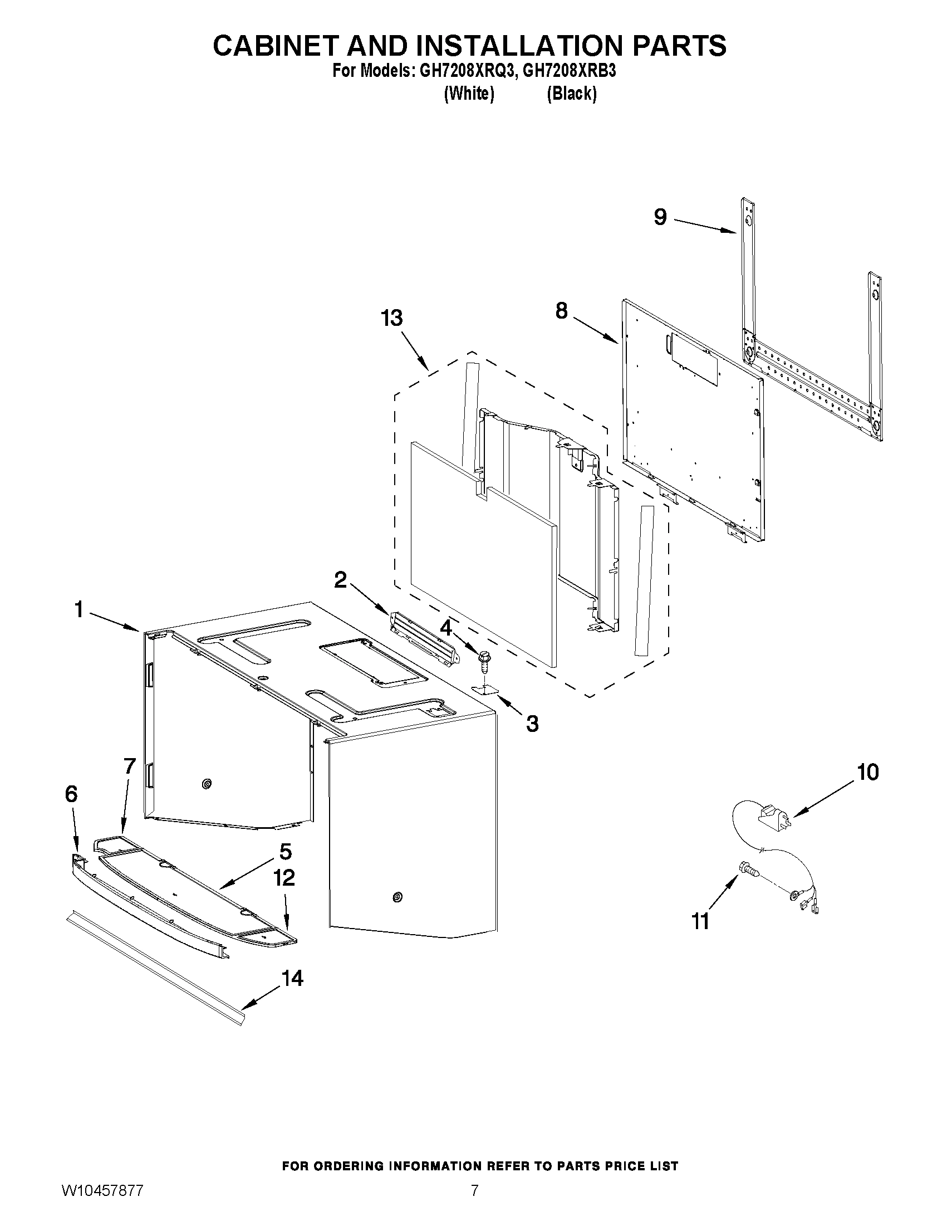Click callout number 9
660,217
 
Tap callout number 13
391,318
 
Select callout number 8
562,310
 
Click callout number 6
71,794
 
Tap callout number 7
130,766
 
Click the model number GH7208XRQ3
463,71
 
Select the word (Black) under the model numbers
571,94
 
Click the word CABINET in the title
275,46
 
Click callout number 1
79,609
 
